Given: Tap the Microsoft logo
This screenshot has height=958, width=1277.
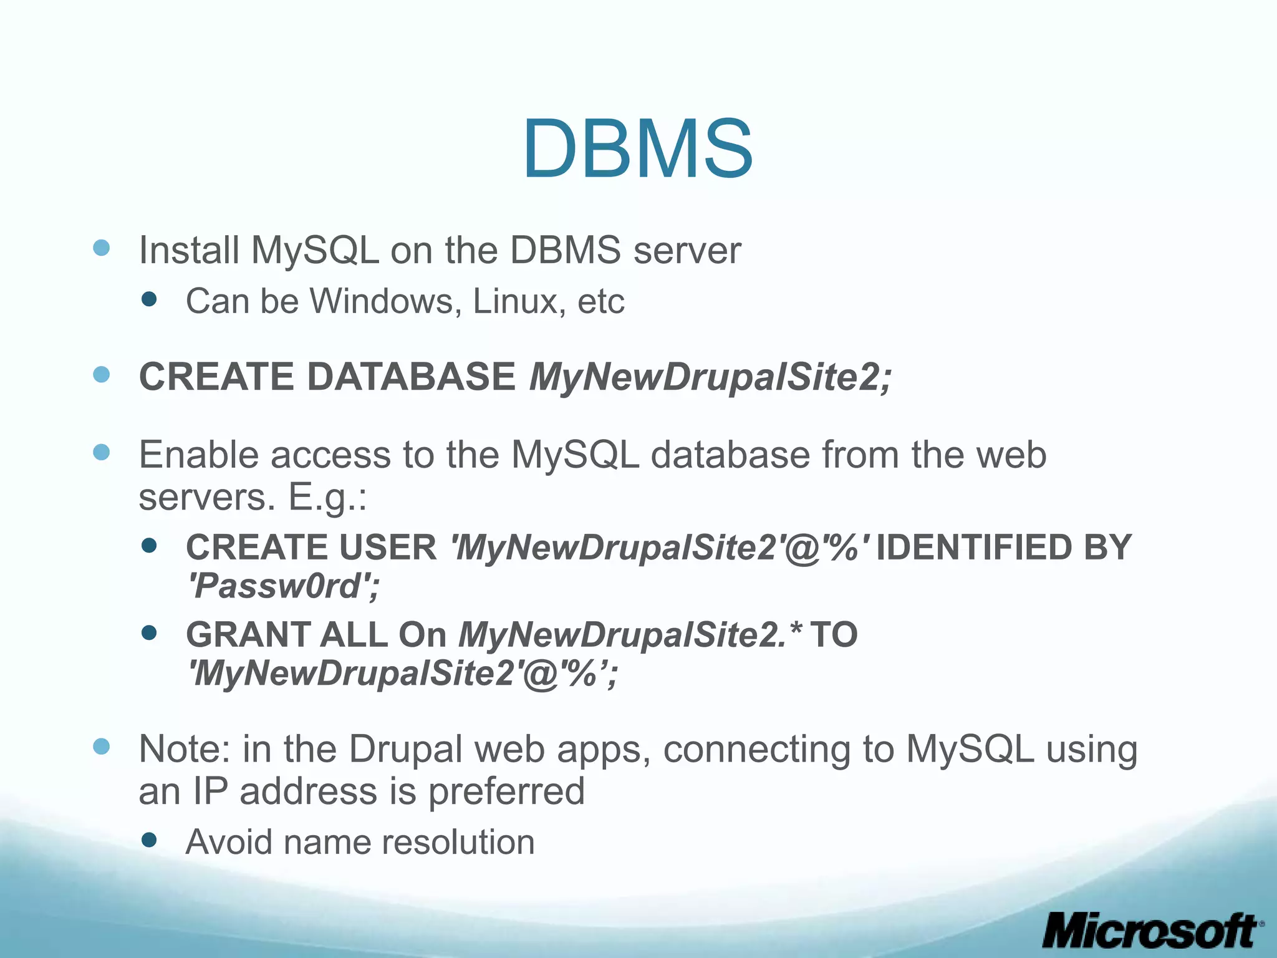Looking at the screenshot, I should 1151,931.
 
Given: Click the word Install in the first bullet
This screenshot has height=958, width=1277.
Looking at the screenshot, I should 189,251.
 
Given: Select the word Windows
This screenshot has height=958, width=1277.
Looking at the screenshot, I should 386,302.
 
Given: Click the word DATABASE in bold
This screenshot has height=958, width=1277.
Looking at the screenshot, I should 411,377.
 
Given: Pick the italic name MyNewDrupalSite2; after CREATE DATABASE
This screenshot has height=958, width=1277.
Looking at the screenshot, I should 710,377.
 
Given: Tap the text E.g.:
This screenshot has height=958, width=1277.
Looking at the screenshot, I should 327,498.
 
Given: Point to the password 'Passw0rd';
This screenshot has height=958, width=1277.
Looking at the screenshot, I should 284,586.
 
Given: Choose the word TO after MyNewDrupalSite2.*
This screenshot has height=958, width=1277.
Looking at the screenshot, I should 834,635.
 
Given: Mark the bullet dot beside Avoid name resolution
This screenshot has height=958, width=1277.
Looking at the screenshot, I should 149,839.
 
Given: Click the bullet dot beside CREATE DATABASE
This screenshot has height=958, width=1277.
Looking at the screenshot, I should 102,374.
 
